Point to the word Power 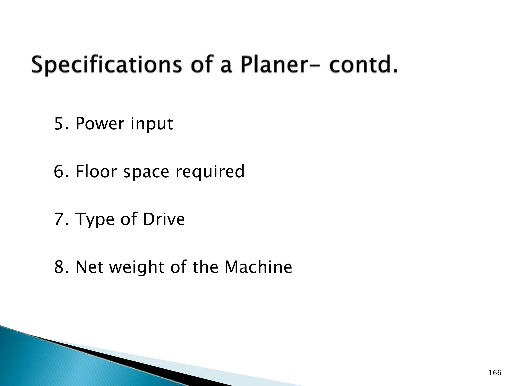coord(100,124)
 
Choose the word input coord(152,124)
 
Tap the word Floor coord(96,171)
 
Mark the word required coord(210,172)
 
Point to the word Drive coord(164,219)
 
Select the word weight coord(137,267)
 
